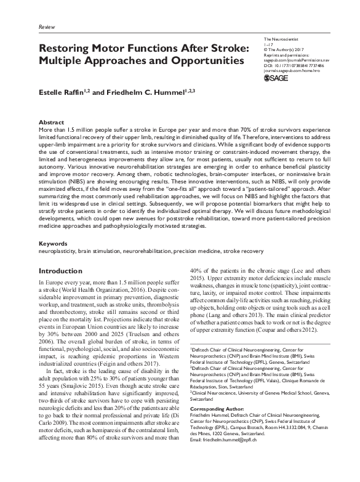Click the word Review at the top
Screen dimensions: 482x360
pyautogui.click(x=46, y=28)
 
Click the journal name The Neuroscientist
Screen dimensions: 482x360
pyautogui.click(x=282, y=39)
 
